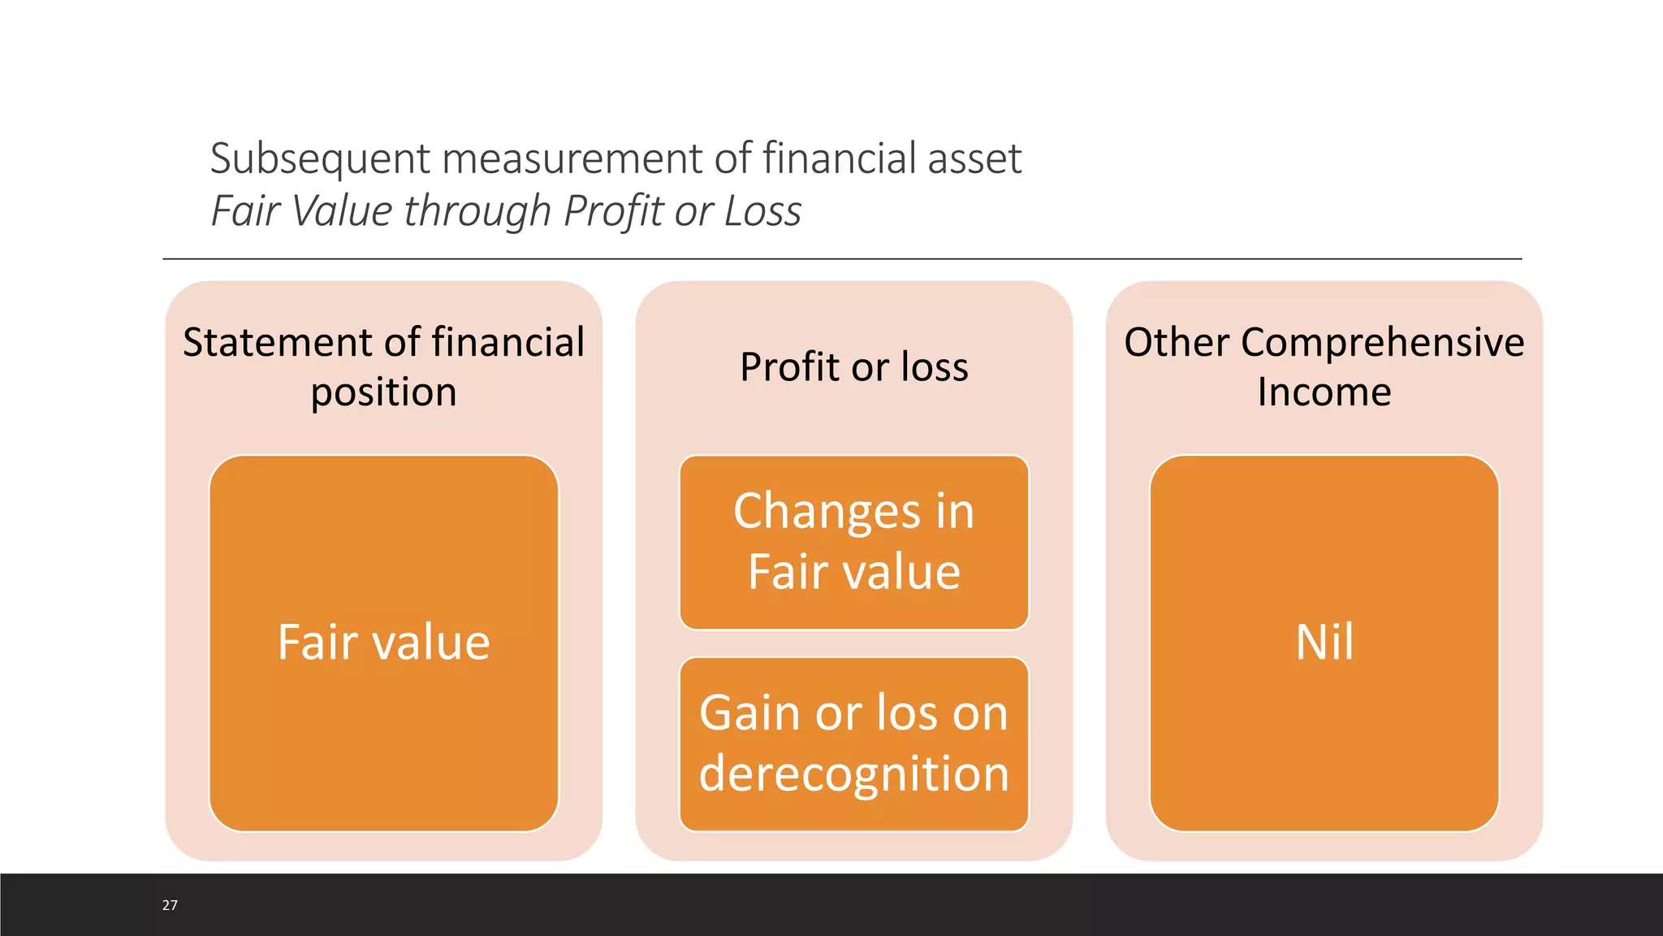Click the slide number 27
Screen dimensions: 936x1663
tap(170, 905)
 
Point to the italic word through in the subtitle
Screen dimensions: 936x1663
tap(477, 211)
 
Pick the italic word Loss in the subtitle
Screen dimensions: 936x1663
tap(762, 211)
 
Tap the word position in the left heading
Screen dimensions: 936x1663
tap(383, 392)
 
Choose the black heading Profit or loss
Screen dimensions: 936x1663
tap(854, 366)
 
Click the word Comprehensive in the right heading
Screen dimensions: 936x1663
tap(1382, 342)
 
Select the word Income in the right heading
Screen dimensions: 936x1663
tap(1324, 392)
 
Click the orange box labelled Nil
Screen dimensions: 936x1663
tap(1324, 642)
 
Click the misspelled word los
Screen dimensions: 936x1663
tap(907, 713)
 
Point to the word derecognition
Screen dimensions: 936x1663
tap(854, 773)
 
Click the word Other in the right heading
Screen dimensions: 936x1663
tap(1177, 342)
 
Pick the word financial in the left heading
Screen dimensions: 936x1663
tap(508, 342)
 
